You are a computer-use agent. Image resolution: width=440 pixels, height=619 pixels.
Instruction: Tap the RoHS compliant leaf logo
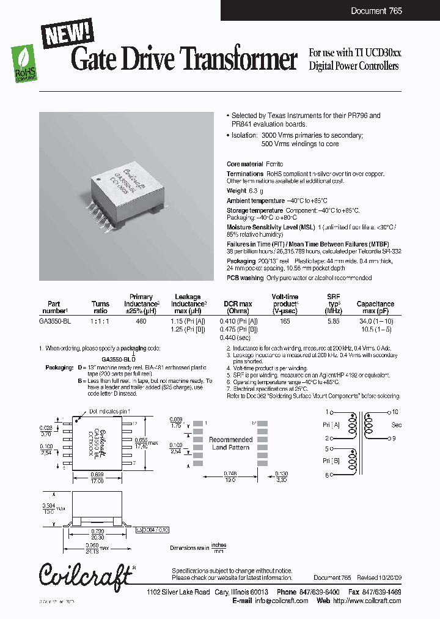click(x=24, y=64)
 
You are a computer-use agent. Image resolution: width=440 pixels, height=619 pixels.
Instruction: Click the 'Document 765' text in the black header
click(x=376, y=11)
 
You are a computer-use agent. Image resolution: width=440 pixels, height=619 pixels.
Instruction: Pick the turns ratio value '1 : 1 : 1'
click(x=100, y=321)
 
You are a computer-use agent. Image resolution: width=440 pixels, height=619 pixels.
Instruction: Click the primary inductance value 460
click(x=141, y=321)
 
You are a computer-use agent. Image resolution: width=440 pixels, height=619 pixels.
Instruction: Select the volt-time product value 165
click(x=285, y=321)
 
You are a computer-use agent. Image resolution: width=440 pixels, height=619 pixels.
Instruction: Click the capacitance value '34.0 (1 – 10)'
click(x=375, y=321)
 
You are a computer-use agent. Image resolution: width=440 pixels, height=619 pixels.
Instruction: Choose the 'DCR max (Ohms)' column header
click(x=237, y=307)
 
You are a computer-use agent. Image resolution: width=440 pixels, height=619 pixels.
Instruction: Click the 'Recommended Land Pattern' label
click(x=230, y=443)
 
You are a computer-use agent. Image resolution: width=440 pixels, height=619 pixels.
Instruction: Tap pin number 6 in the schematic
click(x=328, y=475)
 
